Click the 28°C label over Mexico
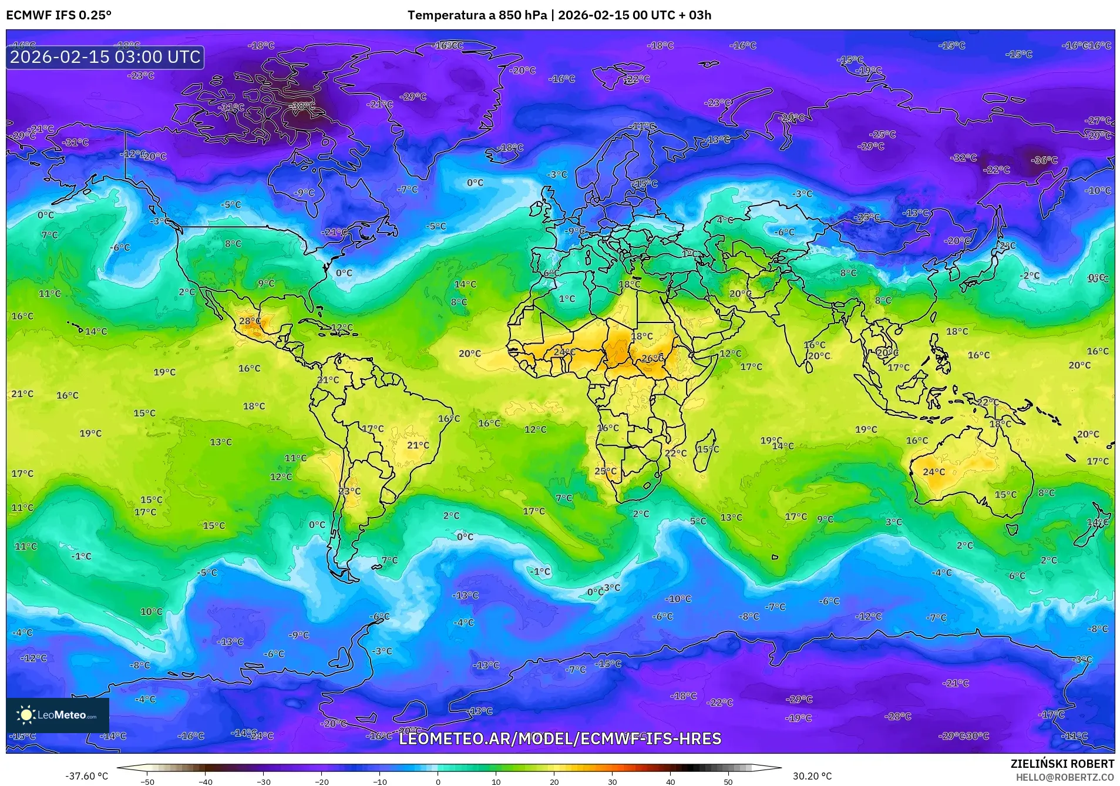coord(250,321)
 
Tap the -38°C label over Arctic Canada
coord(303,106)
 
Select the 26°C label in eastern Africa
coord(653,358)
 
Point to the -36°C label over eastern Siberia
coord(1044,160)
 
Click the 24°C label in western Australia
coord(934,472)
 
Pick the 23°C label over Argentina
coord(349,491)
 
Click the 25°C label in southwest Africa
coord(606,471)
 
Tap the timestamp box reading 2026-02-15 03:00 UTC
coord(105,57)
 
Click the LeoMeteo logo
coord(58,715)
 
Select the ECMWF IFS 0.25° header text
coord(59,15)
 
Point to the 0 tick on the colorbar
coord(438,781)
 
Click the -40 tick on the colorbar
coord(205,781)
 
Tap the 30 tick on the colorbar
coord(612,781)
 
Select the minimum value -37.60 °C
coord(87,776)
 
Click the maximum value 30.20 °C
coord(812,776)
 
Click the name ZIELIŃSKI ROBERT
coord(1062,764)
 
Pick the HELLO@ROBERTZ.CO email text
coord(1065,777)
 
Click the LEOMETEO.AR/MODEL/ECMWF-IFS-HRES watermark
coord(560,738)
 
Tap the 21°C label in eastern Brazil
coord(418,445)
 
